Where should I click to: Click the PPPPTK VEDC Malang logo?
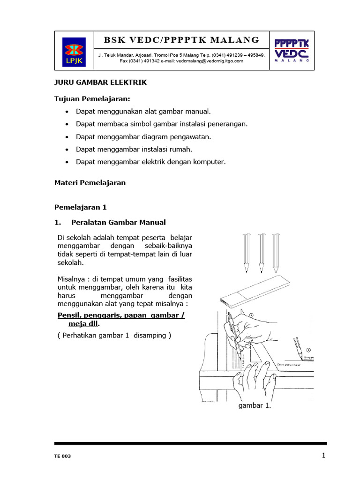(x=292, y=51)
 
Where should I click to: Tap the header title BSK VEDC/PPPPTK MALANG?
(x=181, y=40)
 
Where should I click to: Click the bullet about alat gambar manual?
(x=143, y=112)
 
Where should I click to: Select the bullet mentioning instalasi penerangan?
(x=161, y=124)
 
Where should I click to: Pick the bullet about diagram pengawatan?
(x=143, y=137)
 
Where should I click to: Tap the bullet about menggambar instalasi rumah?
(x=134, y=150)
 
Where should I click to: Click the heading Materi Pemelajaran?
(x=90, y=183)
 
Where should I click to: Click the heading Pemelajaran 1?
(x=81, y=207)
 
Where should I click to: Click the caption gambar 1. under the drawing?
(x=255, y=406)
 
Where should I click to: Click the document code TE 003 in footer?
(x=63, y=456)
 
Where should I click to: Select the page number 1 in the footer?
(x=323, y=455)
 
